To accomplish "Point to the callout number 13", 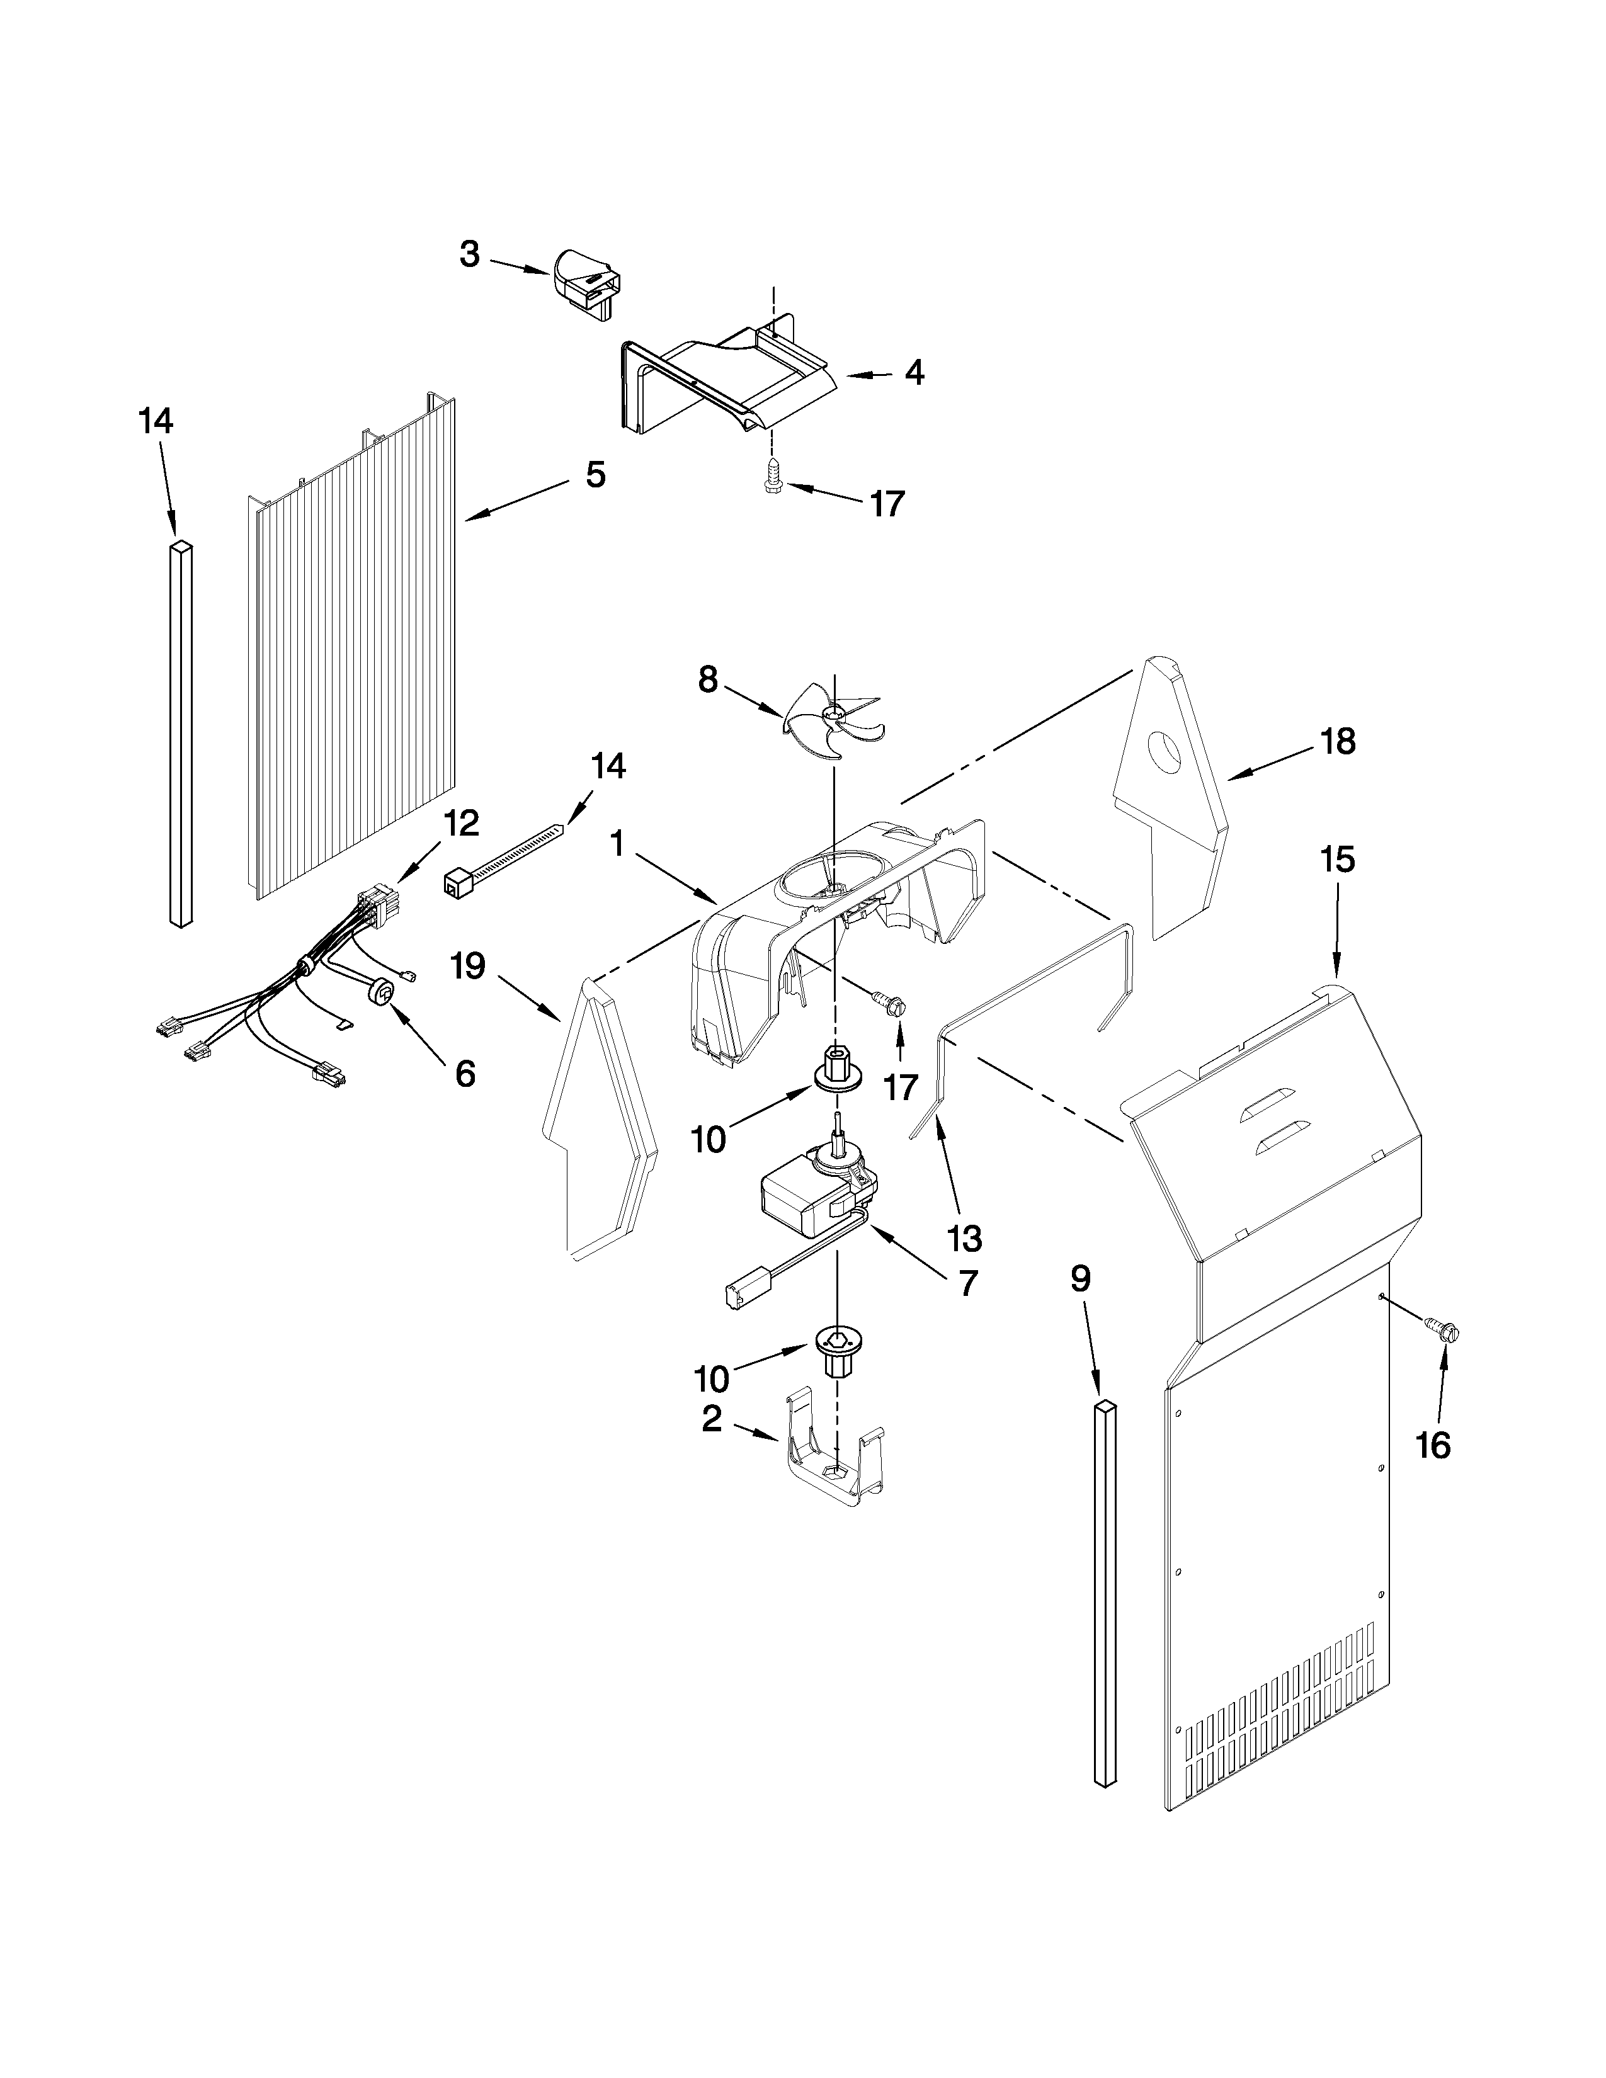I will pos(964,1238).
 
